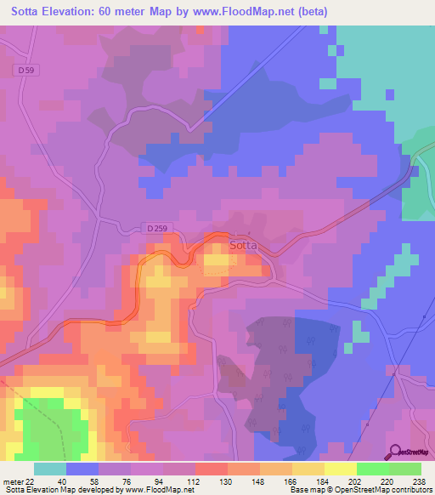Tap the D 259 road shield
[154, 229]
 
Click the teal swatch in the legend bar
[49, 468]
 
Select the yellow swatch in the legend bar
[340, 468]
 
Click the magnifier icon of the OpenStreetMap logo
[393, 452]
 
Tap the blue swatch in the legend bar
[82, 468]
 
